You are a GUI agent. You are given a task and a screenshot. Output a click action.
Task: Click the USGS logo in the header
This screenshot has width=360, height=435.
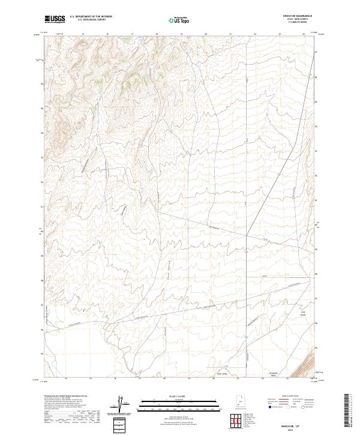click(x=55, y=19)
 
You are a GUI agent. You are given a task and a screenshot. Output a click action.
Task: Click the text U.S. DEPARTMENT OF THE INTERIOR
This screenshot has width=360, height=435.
click(x=91, y=17)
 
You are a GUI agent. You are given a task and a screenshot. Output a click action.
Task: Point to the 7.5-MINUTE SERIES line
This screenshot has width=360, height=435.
click(x=303, y=23)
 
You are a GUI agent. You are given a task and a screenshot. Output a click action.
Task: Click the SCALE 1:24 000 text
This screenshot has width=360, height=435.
click(x=179, y=397)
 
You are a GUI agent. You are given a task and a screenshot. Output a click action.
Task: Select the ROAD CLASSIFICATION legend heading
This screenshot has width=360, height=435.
click(x=290, y=397)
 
